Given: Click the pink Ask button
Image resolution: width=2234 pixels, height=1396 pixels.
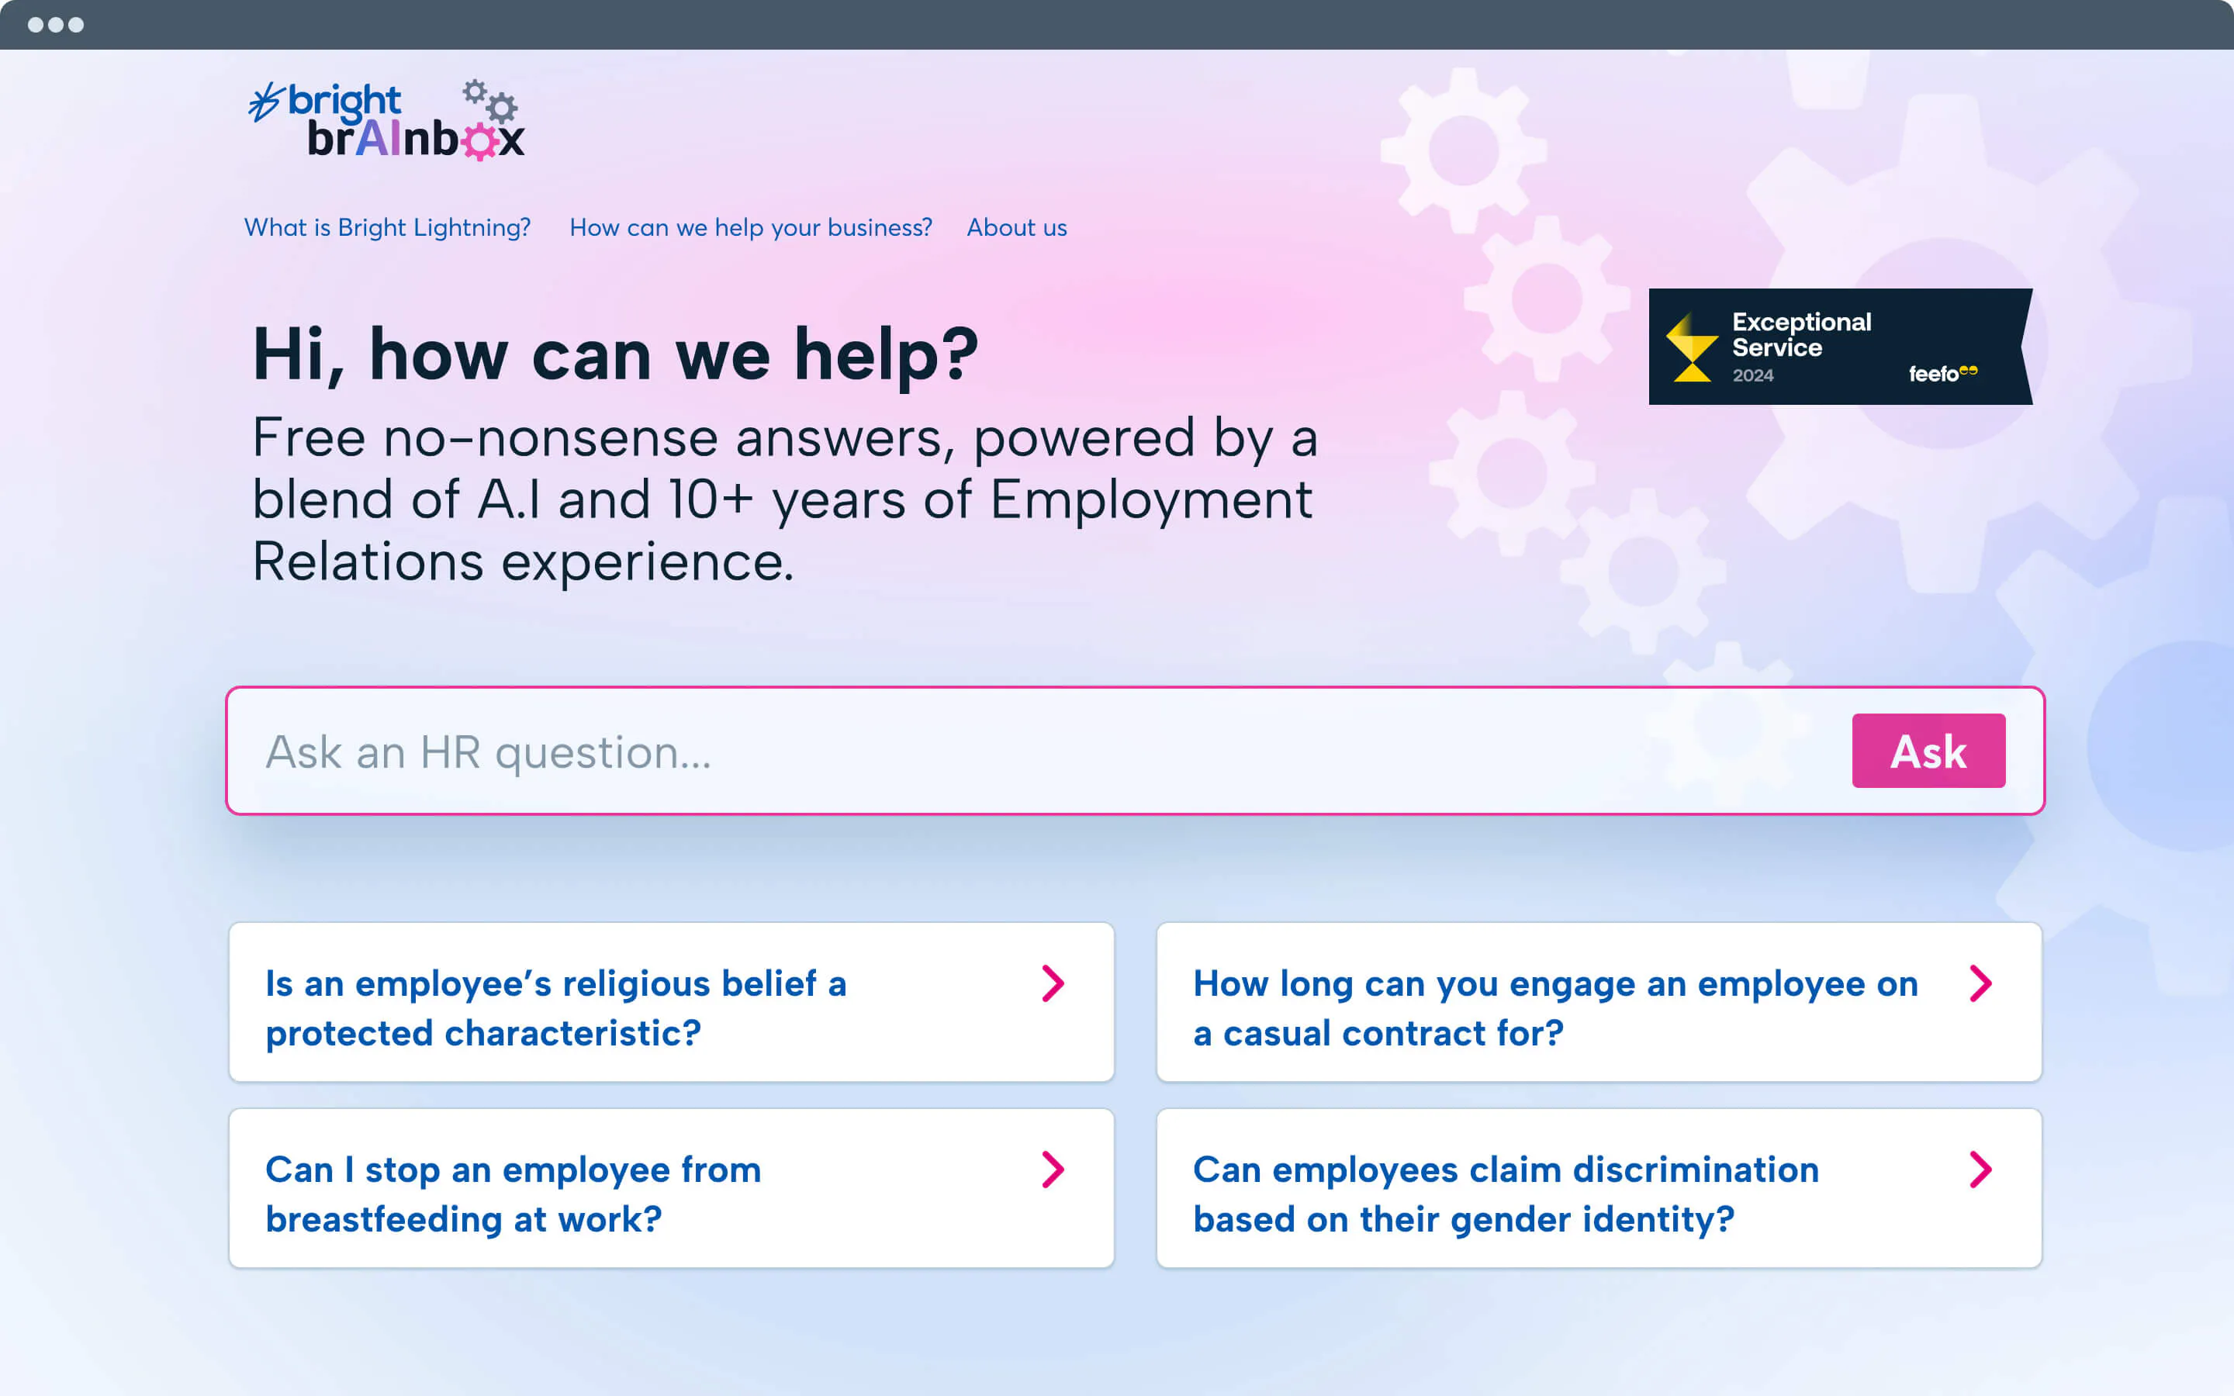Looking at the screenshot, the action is [x=1928, y=751].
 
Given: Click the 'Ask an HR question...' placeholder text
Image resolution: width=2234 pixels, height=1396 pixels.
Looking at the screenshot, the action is [x=489, y=752].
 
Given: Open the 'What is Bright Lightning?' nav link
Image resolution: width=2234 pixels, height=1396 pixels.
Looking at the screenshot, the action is [x=388, y=228].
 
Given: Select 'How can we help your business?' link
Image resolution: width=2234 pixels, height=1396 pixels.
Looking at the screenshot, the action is [x=751, y=228].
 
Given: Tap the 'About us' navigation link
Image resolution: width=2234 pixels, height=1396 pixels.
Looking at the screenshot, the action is [x=1016, y=227].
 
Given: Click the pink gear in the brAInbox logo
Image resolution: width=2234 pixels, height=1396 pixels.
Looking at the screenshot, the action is [x=480, y=141].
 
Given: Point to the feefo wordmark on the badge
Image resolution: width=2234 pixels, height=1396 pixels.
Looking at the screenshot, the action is [x=1942, y=373].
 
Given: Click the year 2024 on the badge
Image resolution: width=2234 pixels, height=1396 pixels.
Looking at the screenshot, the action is [x=1753, y=375].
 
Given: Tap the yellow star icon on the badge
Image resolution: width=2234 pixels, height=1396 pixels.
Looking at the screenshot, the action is [x=1691, y=347].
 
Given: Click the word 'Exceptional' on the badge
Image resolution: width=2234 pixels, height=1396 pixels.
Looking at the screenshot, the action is [x=1801, y=322].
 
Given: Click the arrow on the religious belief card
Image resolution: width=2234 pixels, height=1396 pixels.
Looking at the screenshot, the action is [x=1053, y=983].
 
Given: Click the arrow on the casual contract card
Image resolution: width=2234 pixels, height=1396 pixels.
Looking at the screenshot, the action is [x=1980, y=983].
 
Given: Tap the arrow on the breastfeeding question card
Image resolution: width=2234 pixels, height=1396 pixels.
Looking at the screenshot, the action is [x=1053, y=1170].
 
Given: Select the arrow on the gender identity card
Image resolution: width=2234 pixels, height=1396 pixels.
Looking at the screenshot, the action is [x=1980, y=1170].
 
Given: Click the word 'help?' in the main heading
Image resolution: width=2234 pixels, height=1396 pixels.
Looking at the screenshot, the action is [x=886, y=355].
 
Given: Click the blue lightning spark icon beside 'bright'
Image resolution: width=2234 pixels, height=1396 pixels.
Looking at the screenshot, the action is [x=265, y=102].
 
